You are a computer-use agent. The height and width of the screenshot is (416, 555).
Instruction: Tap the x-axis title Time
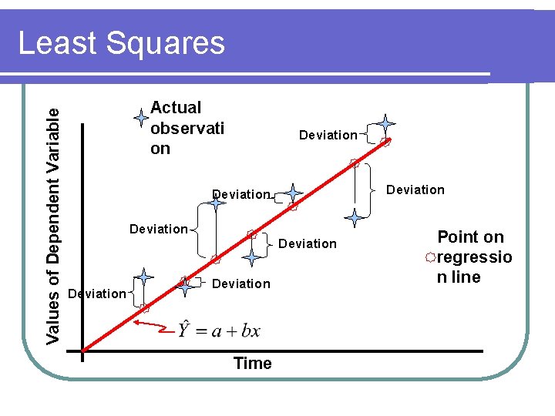tap(252, 364)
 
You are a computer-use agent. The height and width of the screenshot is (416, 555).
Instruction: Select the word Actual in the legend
tap(176, 108)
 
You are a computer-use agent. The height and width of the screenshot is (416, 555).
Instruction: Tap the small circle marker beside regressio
tap(431, 257)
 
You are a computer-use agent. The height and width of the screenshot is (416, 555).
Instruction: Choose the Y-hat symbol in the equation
tap(185, 330)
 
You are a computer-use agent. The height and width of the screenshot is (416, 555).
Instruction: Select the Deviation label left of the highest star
tap(328, 136)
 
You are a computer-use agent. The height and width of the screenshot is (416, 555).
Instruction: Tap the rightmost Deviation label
tap(415, 190)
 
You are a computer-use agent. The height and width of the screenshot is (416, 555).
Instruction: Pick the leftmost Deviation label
tap(96, 294)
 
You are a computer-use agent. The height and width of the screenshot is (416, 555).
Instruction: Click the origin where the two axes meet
tap(82, 352)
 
